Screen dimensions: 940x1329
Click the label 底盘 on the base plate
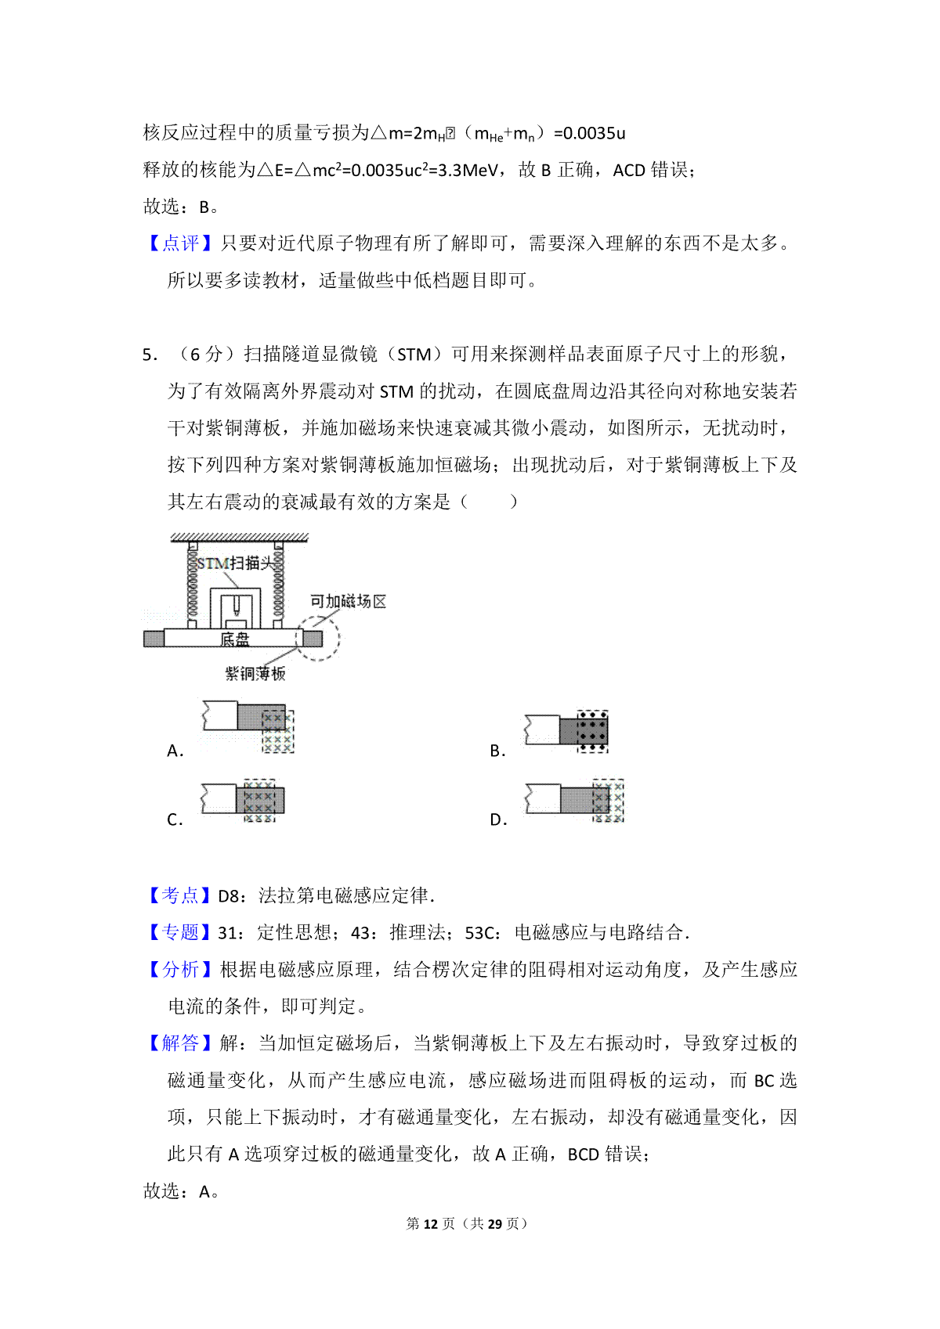point(234,639)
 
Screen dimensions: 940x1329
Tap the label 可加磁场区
point(348,602)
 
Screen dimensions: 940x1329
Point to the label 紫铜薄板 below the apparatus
point(255,673)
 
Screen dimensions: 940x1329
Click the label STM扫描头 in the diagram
point(236,563)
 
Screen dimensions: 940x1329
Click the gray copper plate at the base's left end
point(154,639)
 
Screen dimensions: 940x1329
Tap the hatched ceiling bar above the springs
point(239,538)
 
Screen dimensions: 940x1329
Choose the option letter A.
point(175,751)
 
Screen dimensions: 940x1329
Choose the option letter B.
point(497,751)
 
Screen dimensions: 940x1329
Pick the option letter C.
point(175,820)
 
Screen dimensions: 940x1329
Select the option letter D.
point(497,820)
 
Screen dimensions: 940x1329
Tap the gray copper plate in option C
point(260,801)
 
